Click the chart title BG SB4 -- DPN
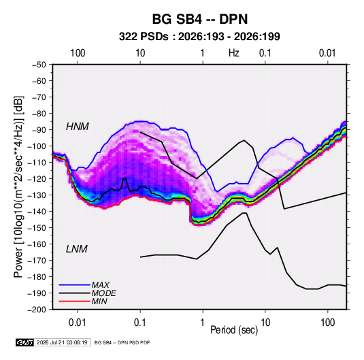tap(200, 19)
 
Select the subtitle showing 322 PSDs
tap(199, 37)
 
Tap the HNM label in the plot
tap(78, 127)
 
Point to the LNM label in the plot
tap(77, 249)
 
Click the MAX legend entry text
tap(100, 285)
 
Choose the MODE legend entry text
tap(103, 293)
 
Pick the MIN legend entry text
tap(99, 301)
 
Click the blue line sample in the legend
tap(75, 285)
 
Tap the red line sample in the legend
tap(75, 301)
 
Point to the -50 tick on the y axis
tap(39, 65)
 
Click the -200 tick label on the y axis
tap(37, 310)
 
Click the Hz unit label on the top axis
tap(234, 53)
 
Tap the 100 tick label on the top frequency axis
tap(78, 53)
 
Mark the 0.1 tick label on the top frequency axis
tap(265, 53)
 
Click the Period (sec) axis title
tap(234, 330)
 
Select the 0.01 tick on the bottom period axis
tap(78, 323)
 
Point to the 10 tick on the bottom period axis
tap(265, 323)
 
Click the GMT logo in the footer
tap(24, 342)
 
